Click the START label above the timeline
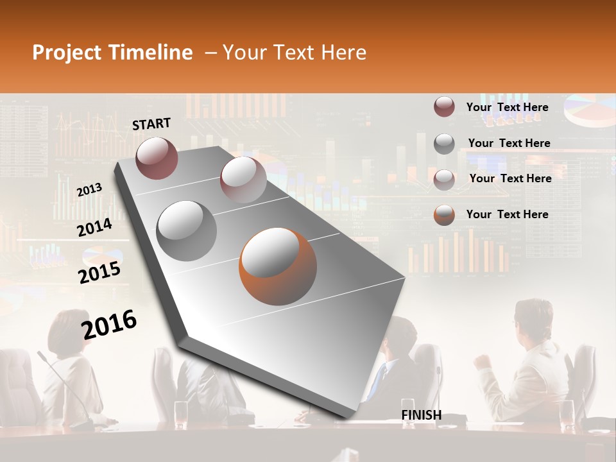(x=151, y=124)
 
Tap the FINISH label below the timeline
(x=422, y=415)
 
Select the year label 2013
(x=89, y=190)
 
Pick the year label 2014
(x=94, y=228)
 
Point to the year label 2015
(x=99, y=273)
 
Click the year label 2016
(x=109, y=325)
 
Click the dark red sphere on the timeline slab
(x=157, y=158)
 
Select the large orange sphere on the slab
(x=278, y=267)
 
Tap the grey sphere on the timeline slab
(x=187, y=230)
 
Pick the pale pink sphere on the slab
(x=243, y=180)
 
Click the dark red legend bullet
(x=444, y=107)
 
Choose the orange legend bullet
(x=444, y=214)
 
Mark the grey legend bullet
(x=444, y=143)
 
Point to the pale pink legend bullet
(x=444, y=179)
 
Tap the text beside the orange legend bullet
(x=507, y=214)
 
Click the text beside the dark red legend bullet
(x=507, y=107)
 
